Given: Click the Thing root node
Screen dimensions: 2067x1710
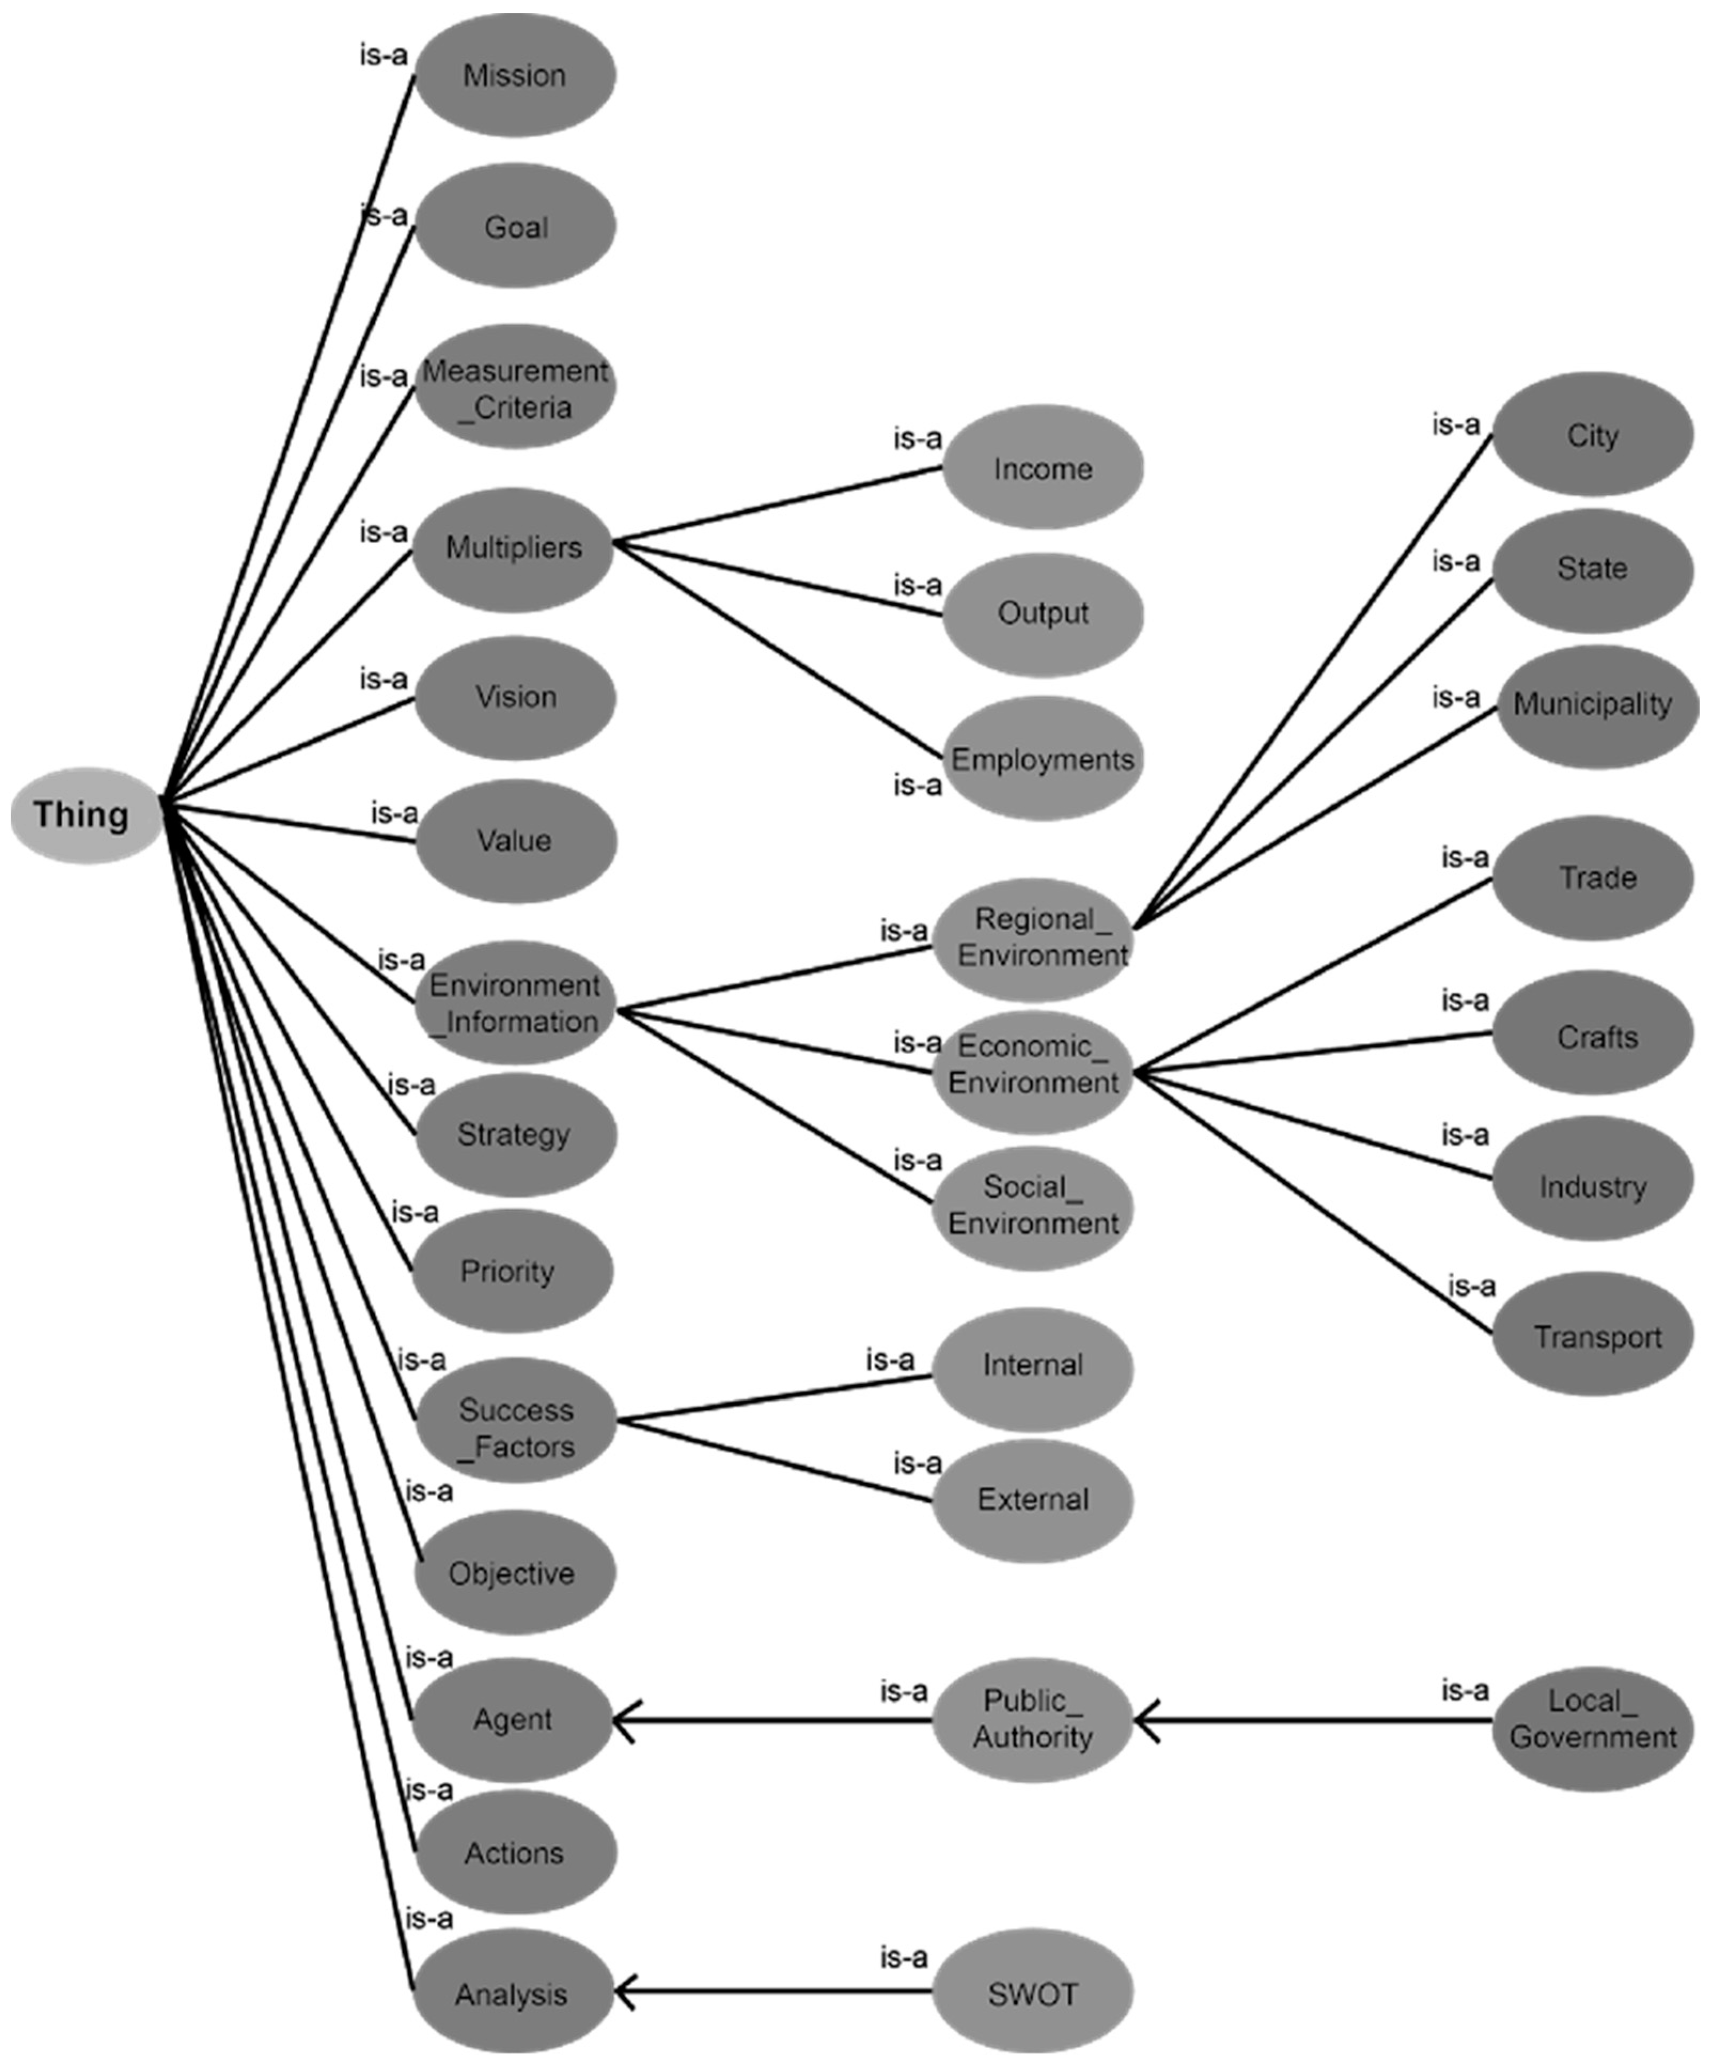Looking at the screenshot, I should [84, 815].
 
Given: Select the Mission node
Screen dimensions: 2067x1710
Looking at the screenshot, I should [515, 75].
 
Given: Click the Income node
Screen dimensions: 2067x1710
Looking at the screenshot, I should [1042, 469].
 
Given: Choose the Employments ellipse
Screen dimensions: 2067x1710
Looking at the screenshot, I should [1042, 759].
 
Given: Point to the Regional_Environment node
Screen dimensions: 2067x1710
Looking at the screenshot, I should [1033, 937].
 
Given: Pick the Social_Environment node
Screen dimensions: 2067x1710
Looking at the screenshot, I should [1033, 1206].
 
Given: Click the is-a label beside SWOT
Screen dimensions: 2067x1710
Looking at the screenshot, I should [903, 1959].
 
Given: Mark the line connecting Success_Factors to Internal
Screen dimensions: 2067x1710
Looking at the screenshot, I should [777, 1398].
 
